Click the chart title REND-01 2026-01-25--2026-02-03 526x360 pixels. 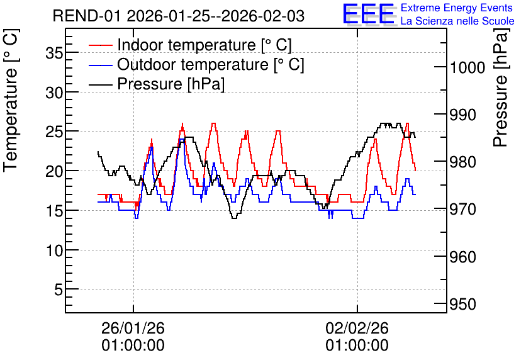tap(179, 16)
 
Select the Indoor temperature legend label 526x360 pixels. tap(204, 45)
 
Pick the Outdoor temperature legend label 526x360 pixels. tap(210, 64)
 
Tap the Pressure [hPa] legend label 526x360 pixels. tap(171, 84)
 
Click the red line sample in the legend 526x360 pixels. tap(100, 45)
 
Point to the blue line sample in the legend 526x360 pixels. tap(100, 65)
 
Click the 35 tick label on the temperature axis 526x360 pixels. tap(55, 53)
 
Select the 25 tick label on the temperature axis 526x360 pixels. tap(55, 132)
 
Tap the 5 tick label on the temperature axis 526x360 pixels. tap(59, 290)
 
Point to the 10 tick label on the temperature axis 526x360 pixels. tap(55, 250)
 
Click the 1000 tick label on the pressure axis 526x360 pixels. tap(467, 67)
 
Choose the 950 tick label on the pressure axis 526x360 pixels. tap(462, 305)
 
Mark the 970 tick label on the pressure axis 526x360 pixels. tap(462, 210)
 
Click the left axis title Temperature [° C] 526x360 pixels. tap(11, 101)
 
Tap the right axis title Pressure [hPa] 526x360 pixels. tap(501, 87)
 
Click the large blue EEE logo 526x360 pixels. tap(368, 14)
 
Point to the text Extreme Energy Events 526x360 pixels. tap(457, 8)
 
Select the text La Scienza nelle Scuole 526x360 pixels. tap(457, 21)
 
